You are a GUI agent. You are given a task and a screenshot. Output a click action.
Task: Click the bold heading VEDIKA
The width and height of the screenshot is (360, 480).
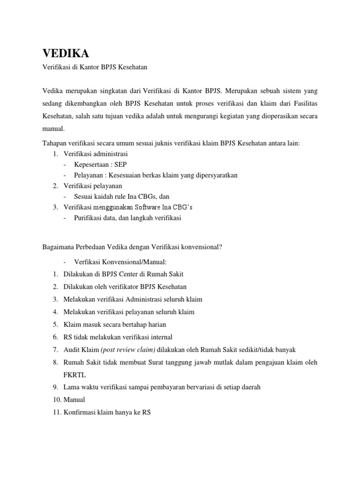click(66, 53)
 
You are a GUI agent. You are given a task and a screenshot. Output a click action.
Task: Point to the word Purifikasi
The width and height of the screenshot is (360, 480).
click(88, 218)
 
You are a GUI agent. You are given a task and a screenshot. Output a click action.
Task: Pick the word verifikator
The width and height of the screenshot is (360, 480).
click(120, 286)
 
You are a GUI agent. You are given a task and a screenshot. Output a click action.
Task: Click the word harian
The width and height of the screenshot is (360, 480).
click(157, 324)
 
